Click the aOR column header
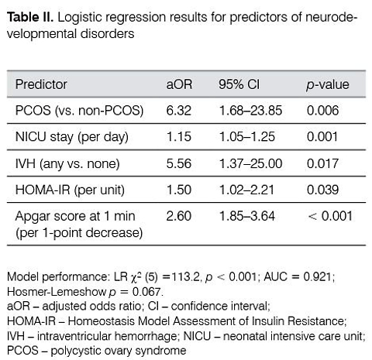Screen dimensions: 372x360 179,84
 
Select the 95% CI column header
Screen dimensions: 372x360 239,84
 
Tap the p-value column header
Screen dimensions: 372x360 328,85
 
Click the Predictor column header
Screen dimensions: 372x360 41,84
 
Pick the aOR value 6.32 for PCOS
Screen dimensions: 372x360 179,111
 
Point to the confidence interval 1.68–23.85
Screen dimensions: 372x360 250,111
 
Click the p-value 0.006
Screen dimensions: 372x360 322,111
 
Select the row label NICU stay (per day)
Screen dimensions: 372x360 72,137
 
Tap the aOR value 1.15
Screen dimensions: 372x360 179,137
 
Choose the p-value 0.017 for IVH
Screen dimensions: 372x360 322,163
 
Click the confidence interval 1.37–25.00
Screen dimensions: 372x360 250,163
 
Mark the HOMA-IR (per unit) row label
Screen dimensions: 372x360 70,190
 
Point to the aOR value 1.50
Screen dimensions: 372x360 179,190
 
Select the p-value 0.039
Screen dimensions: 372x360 322,190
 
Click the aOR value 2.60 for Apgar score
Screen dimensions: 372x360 179,216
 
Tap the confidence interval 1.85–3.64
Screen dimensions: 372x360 247,216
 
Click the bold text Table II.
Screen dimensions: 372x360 30,17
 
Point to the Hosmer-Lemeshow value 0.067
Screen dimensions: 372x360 146,292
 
